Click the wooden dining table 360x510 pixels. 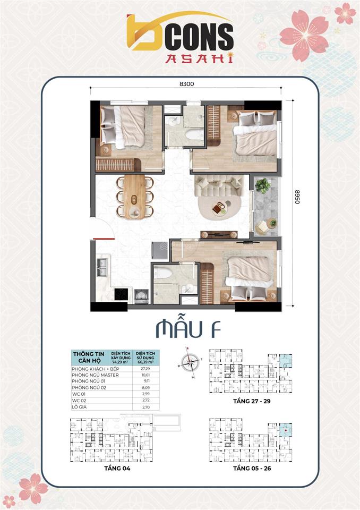pos(134,197)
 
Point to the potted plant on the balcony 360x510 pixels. pos(262,185)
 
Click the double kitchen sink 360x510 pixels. pos(102,266)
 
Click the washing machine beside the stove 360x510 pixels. pos(140,296)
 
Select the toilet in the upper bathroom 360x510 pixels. pos(194,134)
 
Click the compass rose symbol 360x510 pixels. pos(188,362)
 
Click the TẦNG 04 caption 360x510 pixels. pos(110,469)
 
